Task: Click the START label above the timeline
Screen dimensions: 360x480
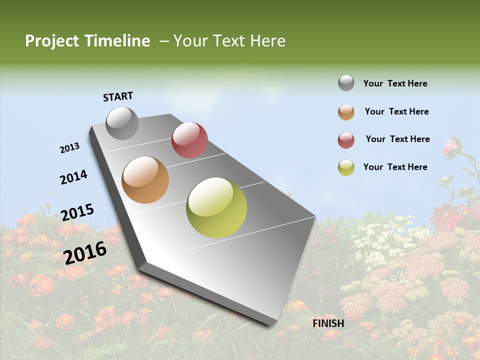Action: click(x=118, y=96)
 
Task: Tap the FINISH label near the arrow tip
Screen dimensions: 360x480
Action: click(x=328, y=323)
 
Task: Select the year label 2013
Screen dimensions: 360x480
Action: click(x=69, y=148)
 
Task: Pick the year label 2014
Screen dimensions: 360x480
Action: click(x=73, y=177)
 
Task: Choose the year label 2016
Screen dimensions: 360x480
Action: click(x=85, y=252)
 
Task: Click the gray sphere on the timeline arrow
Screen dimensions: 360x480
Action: click(x=122, y=123)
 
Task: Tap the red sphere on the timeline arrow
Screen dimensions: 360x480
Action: click(x=189, y=139)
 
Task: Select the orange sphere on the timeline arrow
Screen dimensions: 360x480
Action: click(x=145, y=180)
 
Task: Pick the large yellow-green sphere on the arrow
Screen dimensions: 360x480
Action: click(x=216, y=207)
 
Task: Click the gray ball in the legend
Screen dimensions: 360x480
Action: click(x=346, y=83)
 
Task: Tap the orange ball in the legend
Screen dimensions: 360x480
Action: click(x=346, y=112)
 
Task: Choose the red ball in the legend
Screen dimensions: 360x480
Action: click(x=346, y=140)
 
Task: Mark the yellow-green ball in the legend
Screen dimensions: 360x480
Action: click(x=346, y=167)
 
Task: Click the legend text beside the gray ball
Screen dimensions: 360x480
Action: click(x=395, y=84)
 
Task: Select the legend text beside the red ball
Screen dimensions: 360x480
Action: click(x=397, y=139)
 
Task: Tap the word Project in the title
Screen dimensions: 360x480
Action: click(x=52, y=41)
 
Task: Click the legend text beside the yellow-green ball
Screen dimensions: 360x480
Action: click(x=395, y=167)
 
